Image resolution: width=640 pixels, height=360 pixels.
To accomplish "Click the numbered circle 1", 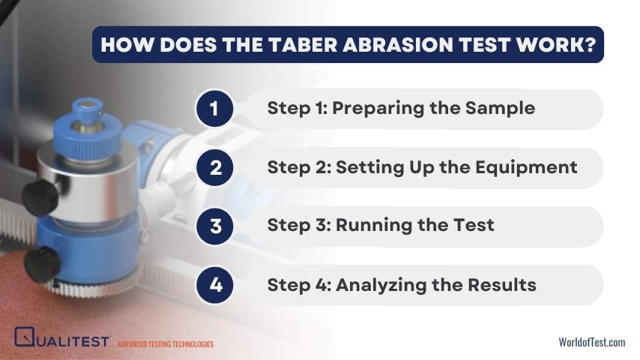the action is [x=214, y=109].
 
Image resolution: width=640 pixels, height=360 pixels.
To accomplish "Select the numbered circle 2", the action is [x=214, y=167].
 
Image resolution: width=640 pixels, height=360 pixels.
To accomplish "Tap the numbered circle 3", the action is [x=214, y=226].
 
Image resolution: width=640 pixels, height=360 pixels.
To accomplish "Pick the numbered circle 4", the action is [x=214, y=285].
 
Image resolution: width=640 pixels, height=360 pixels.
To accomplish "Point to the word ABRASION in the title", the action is [x=398, y=44].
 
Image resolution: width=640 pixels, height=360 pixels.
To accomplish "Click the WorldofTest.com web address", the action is [x=592, y=342].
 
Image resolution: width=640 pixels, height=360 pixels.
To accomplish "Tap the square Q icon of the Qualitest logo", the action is [x=25, y=337].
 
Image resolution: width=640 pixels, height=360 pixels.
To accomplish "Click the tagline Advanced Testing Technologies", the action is [x=166, y=344].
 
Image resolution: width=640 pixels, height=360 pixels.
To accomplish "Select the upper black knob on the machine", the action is [x=40, y=197].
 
